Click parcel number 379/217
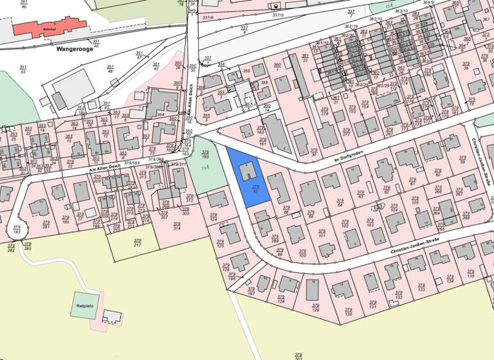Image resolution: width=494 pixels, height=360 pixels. [x=137, y=242]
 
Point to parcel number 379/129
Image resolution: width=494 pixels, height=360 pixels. [x=315, y=309]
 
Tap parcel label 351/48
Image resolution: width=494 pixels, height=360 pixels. [x=109, y=69]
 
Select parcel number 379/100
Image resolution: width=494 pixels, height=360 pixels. [x=303, y=253]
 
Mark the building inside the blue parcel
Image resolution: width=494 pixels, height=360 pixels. [x=248, y=171]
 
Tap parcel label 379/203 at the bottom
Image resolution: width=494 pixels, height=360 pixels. [x=298, y=355]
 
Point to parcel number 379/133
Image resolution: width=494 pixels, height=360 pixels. [x=421, y=287]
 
